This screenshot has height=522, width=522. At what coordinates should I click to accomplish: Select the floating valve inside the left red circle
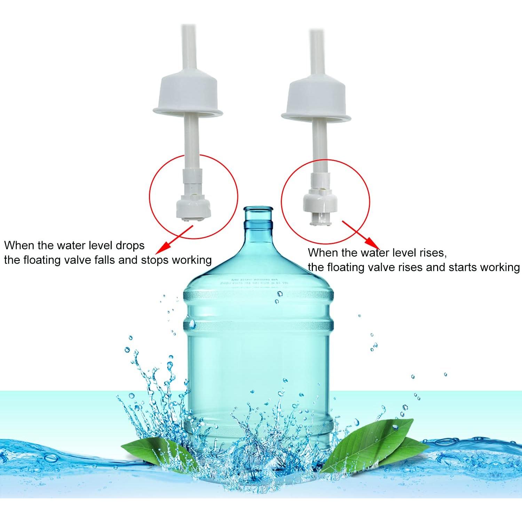[x=193, y=207]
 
